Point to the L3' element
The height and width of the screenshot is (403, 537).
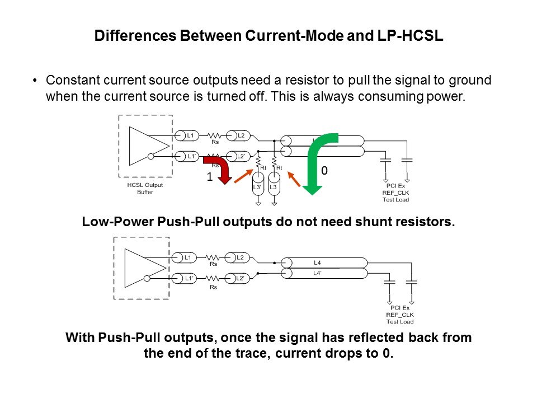257,187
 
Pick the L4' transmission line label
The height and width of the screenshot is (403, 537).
317,273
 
